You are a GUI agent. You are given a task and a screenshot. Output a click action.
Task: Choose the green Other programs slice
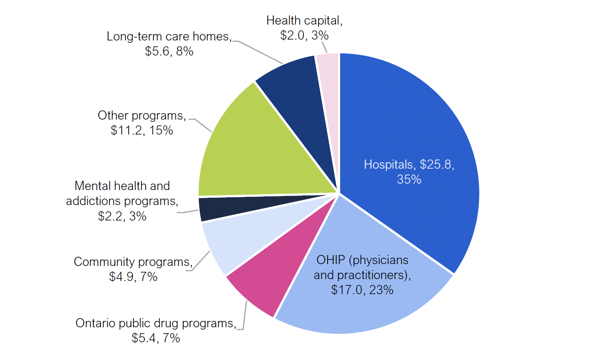(x=255, y=150)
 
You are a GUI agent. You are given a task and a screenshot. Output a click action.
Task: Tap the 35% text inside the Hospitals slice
(x=409, y=180)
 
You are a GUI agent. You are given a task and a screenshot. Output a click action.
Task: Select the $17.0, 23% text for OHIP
(x=362, y=290)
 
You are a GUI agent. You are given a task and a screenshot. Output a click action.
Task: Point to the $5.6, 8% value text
(x=169, y=51)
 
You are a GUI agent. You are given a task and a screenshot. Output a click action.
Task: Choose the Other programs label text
(x=141, y=115)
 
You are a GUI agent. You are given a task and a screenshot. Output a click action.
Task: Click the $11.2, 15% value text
(x=142, y=130)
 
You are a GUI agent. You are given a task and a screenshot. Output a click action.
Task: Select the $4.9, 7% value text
(x=133, y=276)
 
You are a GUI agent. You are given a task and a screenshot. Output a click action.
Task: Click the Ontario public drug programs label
(x=156, y=323)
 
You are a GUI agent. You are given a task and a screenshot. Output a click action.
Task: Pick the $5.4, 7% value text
(x=156, y=338)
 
